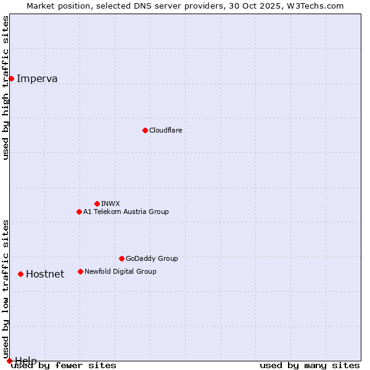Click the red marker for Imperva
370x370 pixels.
[11, 78]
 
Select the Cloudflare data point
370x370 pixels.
[145, 130]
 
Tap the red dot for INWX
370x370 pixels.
[97, 203]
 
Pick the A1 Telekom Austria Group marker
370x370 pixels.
[79, 212]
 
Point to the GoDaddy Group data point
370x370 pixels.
[121, 258]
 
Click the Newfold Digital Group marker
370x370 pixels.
[80, 271]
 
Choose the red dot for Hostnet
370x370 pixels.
[20, 274]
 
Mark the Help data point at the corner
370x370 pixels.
[9, 361]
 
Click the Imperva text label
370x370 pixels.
[37, 78]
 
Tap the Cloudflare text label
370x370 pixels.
[165, 130]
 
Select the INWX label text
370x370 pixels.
[110, 203]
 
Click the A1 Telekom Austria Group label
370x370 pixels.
[126, 212]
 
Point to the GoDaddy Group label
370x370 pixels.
[152, 258]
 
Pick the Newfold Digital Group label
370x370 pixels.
[120, 271]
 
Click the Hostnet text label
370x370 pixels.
[45, 274]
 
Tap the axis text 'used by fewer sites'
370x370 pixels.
[64, 365]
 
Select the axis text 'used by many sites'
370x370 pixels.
[310, 365]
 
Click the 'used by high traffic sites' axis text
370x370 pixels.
[6, 88]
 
